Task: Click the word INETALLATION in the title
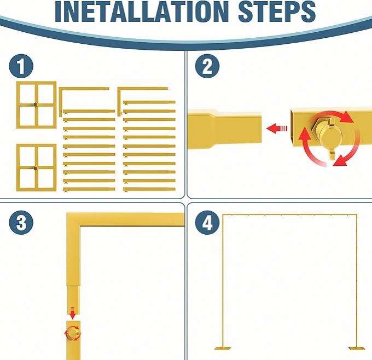(x=142, y=11)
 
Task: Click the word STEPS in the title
(x=277, y=11)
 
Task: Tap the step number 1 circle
(x=21, y=66)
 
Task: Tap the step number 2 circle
(x=207, y=66)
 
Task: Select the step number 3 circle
(x=21, y=223)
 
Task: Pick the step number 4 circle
(x=207, y=223)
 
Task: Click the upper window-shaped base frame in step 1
(x=36, y=105)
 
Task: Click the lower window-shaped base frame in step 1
(x=36, y=167)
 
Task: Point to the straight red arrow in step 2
(x=277, y=129)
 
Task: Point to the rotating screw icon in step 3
(x=73, y=333)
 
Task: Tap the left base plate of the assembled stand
(x=223, y=349)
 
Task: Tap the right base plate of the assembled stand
(x=357, y=349)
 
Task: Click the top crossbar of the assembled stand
(x=290, y=215)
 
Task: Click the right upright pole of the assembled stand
(x=356, y=281)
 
